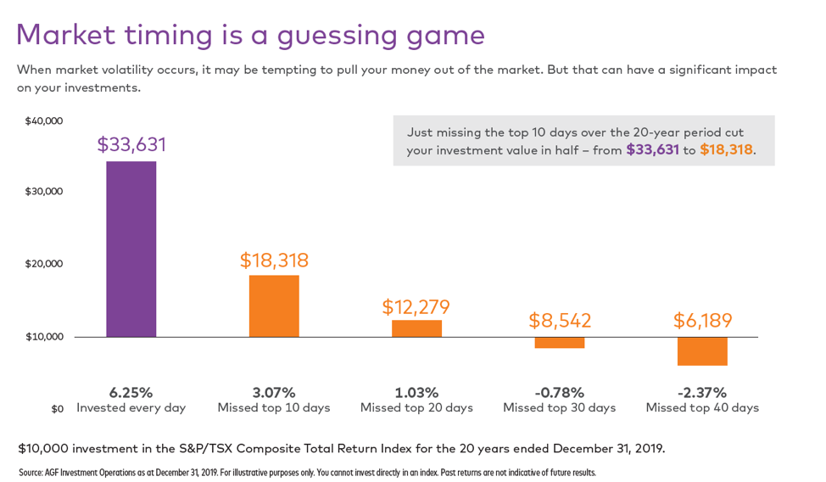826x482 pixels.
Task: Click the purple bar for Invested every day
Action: (131, 249)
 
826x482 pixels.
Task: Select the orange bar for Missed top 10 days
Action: (274, 305)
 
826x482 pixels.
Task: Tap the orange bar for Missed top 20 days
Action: (416, 328)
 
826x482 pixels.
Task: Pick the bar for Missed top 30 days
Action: (559, 343)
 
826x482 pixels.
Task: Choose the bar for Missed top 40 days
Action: (702, 351)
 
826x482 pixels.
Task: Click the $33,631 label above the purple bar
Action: (131, 145)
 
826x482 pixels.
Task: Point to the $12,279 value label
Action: (416, 307)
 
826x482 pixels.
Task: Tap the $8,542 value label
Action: (560, 321)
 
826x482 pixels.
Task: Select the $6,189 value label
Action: (702, 321)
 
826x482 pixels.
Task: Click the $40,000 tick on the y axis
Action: (44, 121)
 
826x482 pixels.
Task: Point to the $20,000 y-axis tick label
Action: (44, 264)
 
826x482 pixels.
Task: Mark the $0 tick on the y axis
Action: (57, 409)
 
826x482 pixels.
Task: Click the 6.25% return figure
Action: (131, 393)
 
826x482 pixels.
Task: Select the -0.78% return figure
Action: (559, 393)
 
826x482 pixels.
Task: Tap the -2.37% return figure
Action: (702, 393)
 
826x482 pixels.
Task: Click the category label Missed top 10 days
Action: (274, 408)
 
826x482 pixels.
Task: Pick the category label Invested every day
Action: (131, 408)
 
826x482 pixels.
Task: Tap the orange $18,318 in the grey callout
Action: (726, 150)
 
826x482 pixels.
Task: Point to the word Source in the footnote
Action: (31, 473)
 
